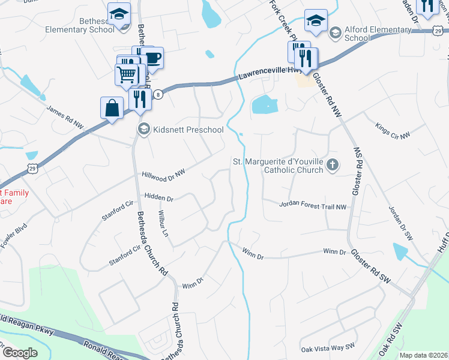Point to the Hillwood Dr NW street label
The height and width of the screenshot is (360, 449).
[163, 174]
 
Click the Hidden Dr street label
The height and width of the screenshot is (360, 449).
[158, 197]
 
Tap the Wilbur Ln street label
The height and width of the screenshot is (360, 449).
[161, 218]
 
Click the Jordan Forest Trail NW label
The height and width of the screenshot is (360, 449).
[313, 206]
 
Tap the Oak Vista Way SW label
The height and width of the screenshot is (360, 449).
[328, 347]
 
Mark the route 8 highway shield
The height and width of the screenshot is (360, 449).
[158, 94]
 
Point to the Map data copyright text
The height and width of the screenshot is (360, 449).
[424, 355]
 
